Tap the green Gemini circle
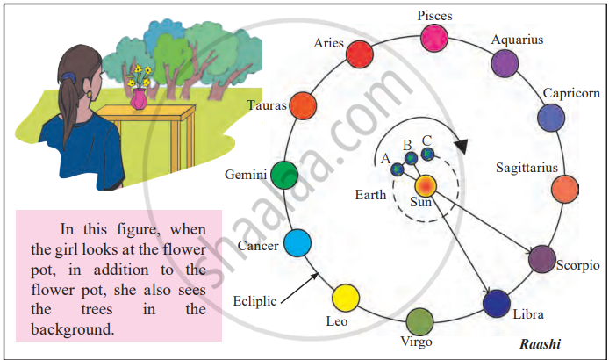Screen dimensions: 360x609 [x=283, y=176]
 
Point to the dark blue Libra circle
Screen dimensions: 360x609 [x=497, y=303]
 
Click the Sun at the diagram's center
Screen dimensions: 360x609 [x=426, y=186]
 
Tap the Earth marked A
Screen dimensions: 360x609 [x=397, y=169]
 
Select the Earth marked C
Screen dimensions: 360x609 [x=427, y=154]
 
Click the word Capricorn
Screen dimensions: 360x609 [x=571, y=93]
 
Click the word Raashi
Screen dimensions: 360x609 [x=541, y=345]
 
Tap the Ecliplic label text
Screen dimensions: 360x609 [x=255, y=301]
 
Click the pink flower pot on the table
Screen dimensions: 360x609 [x=139, y=98]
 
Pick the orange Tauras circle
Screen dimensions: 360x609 [x=302, y=105]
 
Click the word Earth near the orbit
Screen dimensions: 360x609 [x=370, y=195]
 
